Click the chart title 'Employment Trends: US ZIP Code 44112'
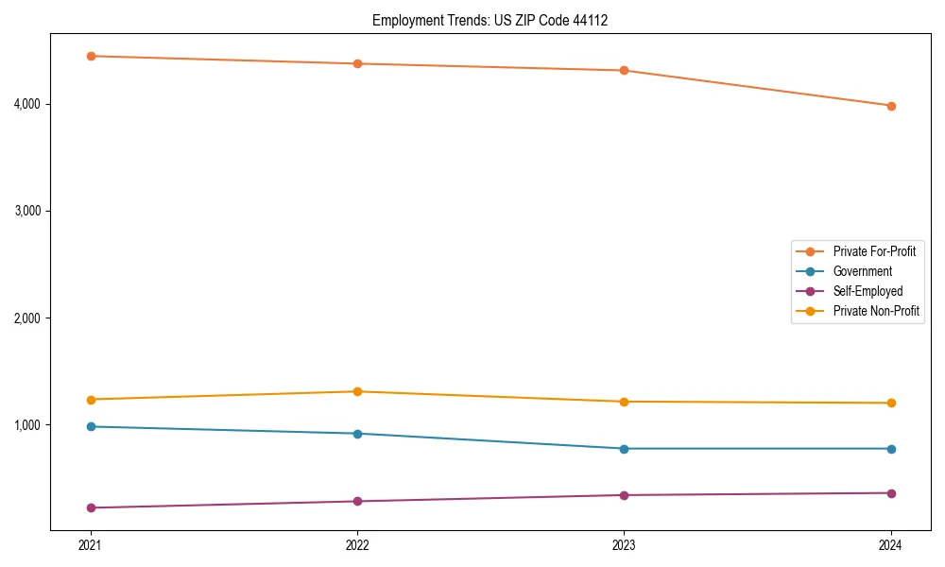point(490,20)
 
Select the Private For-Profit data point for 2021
point(91,56)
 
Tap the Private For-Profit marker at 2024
point(891,106)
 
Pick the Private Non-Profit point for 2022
point(357,391)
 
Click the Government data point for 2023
point(624,449)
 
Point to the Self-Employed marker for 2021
point(91,507)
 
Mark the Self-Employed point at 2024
point(891,493)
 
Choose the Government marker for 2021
point(91,426)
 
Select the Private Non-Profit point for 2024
point(891,403)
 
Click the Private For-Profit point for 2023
point(624,70)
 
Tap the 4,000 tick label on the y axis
point(27,104)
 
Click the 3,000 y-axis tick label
point(27,211)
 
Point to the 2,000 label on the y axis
point(27,318)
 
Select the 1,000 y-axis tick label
point(27,425)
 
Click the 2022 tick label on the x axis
point(357,545)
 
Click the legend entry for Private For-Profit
point(874,251)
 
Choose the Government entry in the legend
point(862,271)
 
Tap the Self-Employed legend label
point(868,291)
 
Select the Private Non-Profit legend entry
point(876,311)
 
